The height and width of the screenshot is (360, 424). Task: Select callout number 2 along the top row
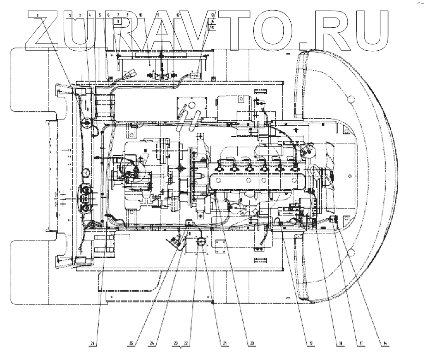pyautogui.click(x=80, y=15)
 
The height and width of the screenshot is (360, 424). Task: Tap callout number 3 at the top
pyautogui.click(x=70, y=15)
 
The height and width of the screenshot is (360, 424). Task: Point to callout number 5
pyautogui.click(x=100, y=15)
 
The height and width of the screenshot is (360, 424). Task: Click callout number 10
pyautogui.click(x=140, y=15)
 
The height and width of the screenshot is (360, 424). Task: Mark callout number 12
pyautogui.click(x=177, y=15)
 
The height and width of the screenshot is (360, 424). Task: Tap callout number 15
pyautogui.click(x=212, y=27)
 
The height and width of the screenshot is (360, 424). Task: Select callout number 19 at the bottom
pyautogui.click(x=311, y=343)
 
